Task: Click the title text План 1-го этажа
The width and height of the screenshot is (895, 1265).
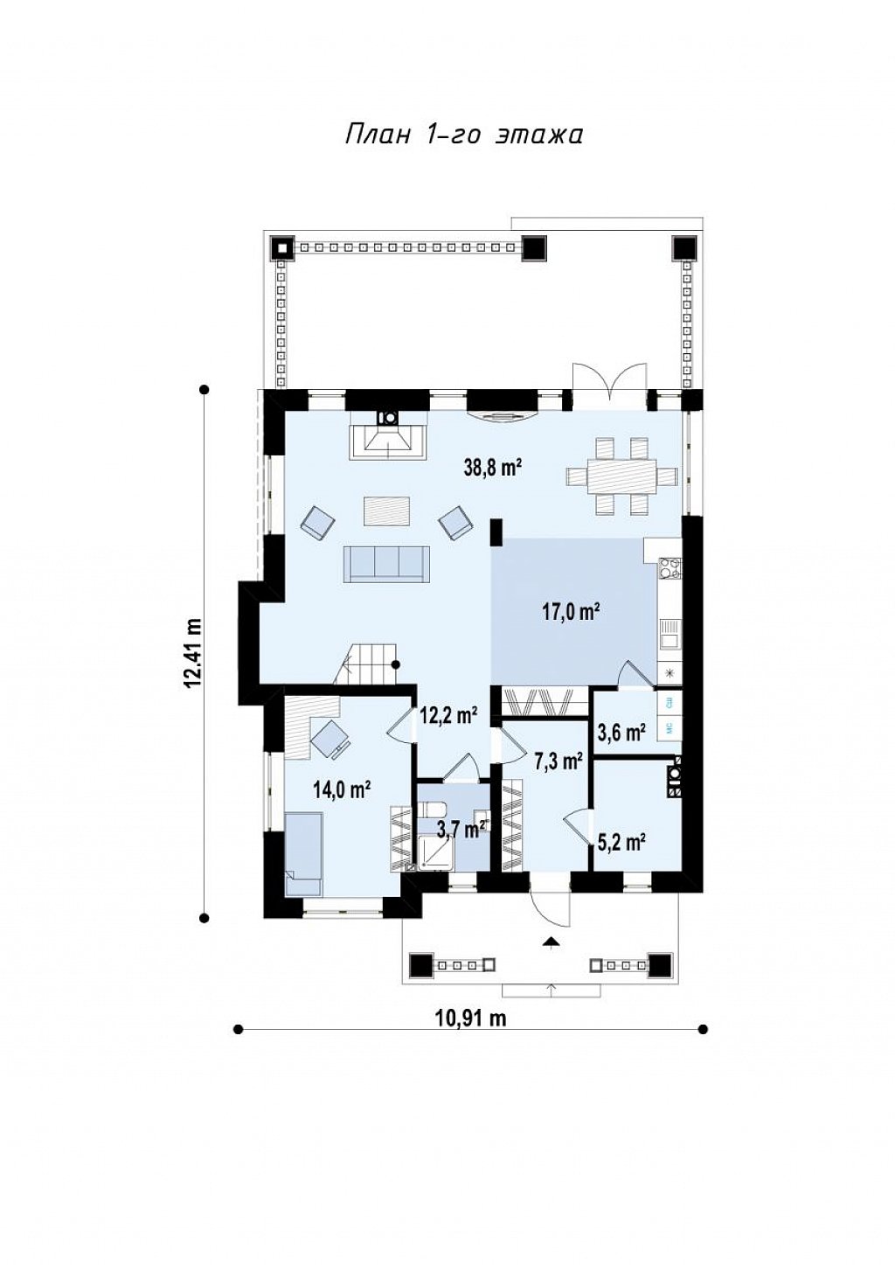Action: click(463, 136)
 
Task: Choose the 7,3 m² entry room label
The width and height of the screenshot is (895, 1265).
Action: click(558, 762)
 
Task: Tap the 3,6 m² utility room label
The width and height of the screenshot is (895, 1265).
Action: click(621, 733)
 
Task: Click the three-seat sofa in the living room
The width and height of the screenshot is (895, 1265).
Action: click(387, 563)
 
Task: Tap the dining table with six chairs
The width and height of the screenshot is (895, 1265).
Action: click(621, 476)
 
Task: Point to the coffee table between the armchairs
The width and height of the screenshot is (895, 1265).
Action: click(387, 511)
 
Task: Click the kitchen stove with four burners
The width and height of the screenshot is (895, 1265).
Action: click(670, 568)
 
